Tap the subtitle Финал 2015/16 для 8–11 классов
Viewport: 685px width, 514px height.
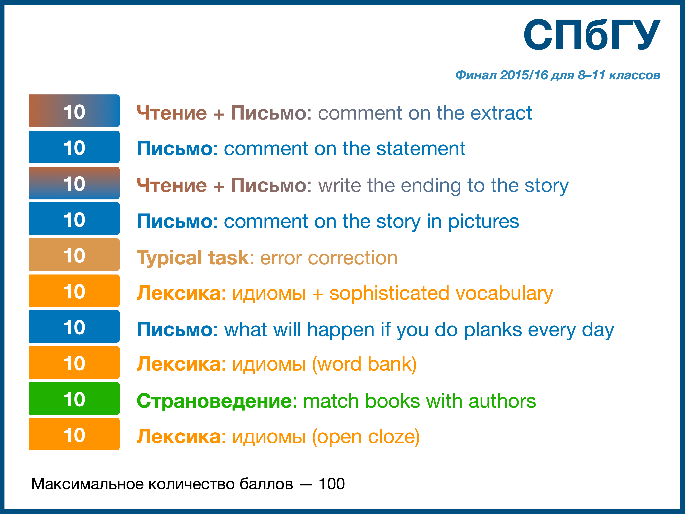click(557, 75)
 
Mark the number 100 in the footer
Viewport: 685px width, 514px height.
click(332, 484)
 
